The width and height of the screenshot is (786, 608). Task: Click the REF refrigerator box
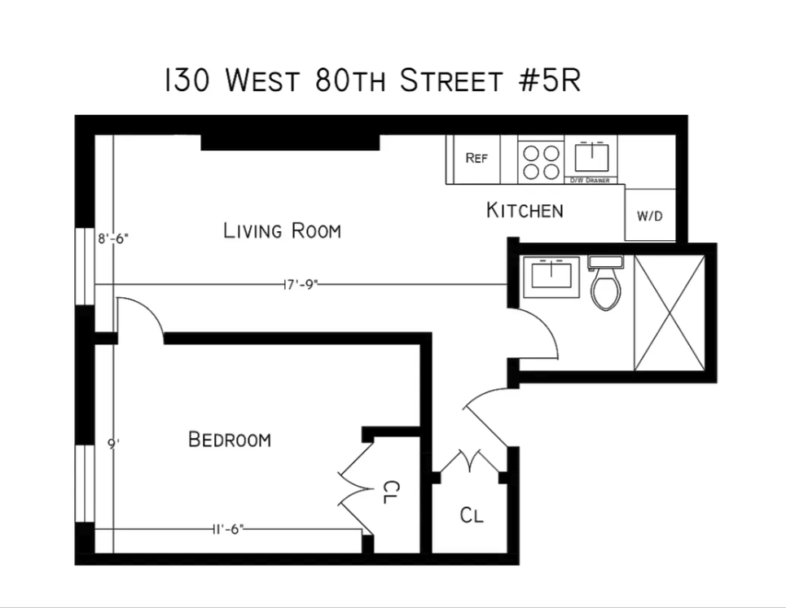476,159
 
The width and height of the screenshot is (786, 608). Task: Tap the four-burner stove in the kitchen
542,160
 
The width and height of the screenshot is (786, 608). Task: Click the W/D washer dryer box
650,217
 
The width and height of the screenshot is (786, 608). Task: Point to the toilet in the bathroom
605,285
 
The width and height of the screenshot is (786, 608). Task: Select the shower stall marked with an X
669,313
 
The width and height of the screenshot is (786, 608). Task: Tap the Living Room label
282,231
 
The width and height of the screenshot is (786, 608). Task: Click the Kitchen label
525,211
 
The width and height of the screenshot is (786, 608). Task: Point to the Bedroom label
230,440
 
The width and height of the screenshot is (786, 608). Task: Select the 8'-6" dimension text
113,239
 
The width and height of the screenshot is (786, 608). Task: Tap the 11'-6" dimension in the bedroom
226,529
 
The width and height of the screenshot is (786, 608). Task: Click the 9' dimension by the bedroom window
114,444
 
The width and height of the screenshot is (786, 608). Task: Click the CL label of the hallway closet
472,515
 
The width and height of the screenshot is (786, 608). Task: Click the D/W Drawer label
591,180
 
